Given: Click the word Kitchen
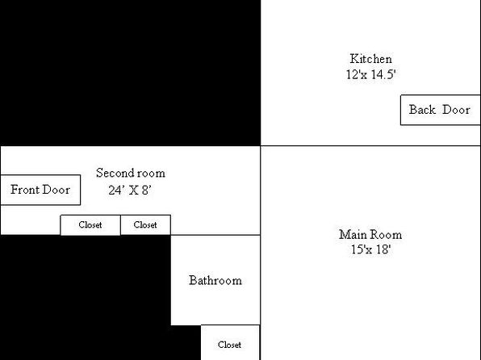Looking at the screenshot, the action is click(371, 59).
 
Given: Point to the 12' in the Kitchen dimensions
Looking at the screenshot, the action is click(353, 74).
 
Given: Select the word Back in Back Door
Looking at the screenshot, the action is click(422, 110).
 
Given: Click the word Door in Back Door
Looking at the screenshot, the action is click(457, 110).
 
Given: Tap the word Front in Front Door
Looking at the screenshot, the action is click(24, 190).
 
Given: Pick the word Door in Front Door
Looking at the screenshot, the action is click(56, 190).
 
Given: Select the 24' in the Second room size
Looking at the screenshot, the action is click(116, 190).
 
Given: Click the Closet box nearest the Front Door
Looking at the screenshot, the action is click(90, 225).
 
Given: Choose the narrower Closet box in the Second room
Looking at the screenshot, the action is click(146, 225).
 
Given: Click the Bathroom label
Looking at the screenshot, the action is click(215, 280).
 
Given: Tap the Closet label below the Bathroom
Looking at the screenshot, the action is click(229, 345).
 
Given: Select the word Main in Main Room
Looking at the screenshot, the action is click(352, 235).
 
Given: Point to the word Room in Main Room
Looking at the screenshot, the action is click(386, 235).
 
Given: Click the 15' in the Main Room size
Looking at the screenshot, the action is click(358, 249).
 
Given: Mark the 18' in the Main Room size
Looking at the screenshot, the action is click(383, 249).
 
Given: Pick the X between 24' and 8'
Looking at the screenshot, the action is click(133, 190).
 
